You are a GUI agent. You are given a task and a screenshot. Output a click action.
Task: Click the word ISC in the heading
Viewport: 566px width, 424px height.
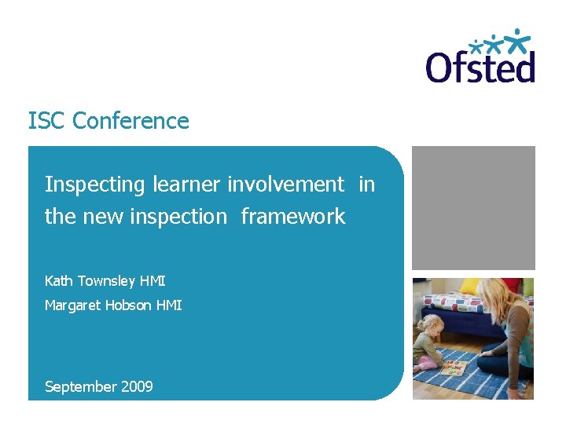click(x=46, y=121)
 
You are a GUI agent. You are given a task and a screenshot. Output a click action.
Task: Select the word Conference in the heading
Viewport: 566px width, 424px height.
click(x=130, y=121)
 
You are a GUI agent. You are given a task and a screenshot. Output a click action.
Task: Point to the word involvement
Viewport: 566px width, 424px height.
click(x=285, y=185)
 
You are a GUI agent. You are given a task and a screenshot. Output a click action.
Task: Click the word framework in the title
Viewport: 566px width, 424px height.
click(x=292, y=216)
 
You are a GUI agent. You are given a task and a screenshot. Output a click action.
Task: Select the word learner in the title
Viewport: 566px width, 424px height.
click(x=186, y=185)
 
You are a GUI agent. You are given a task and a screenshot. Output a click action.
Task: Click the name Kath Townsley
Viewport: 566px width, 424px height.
click(x=90, y=281)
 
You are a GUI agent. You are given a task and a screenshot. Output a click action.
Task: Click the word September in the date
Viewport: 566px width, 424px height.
click(x=80, y=386)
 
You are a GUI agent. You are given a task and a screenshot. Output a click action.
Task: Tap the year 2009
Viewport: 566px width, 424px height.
click(x=137, y=386)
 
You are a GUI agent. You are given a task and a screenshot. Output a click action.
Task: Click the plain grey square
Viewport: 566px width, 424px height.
click(x=473, y=207)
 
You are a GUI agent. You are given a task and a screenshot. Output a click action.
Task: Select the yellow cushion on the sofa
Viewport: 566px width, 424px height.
click(x=471, y=286)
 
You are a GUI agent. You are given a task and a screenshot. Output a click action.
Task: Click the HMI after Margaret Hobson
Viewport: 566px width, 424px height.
click(x=168, y=305)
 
